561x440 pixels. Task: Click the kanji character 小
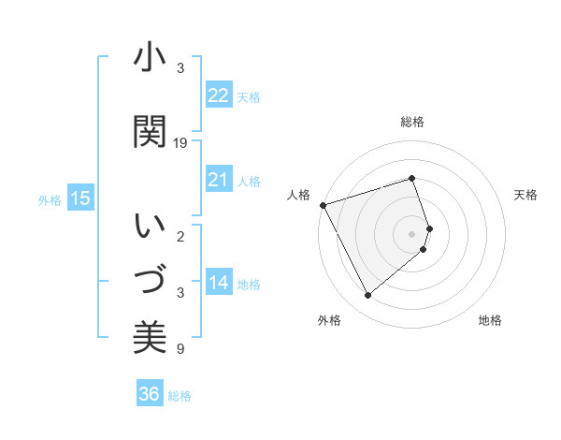click(x=150, y=59)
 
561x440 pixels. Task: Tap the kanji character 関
click(x=150, y=131)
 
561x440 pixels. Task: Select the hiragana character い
click(x=150, y=227)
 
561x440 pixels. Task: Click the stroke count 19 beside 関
click(x=180, y=143)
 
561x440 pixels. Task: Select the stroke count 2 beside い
click(x=180, y=237)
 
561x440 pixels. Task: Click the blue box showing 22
click(x=219, y=95)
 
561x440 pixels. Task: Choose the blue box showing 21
click(x=219, y=180)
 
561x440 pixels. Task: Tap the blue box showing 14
click(x=219, y=284)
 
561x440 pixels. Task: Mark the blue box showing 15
click(x=80, y=198)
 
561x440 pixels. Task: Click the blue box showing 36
click(x=150, y=394)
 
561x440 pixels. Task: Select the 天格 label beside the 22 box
click(x=249, y=97)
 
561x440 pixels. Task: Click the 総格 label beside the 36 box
click(x=180, y=396)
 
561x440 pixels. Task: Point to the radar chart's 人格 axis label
click(x=298, y=195)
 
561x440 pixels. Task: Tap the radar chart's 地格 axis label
click(x=490, y=320)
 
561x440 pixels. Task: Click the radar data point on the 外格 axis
click(x=367, y=296)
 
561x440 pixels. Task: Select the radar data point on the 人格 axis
click(x=323, y=205)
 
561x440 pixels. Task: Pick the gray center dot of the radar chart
click(x=412, y=233)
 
